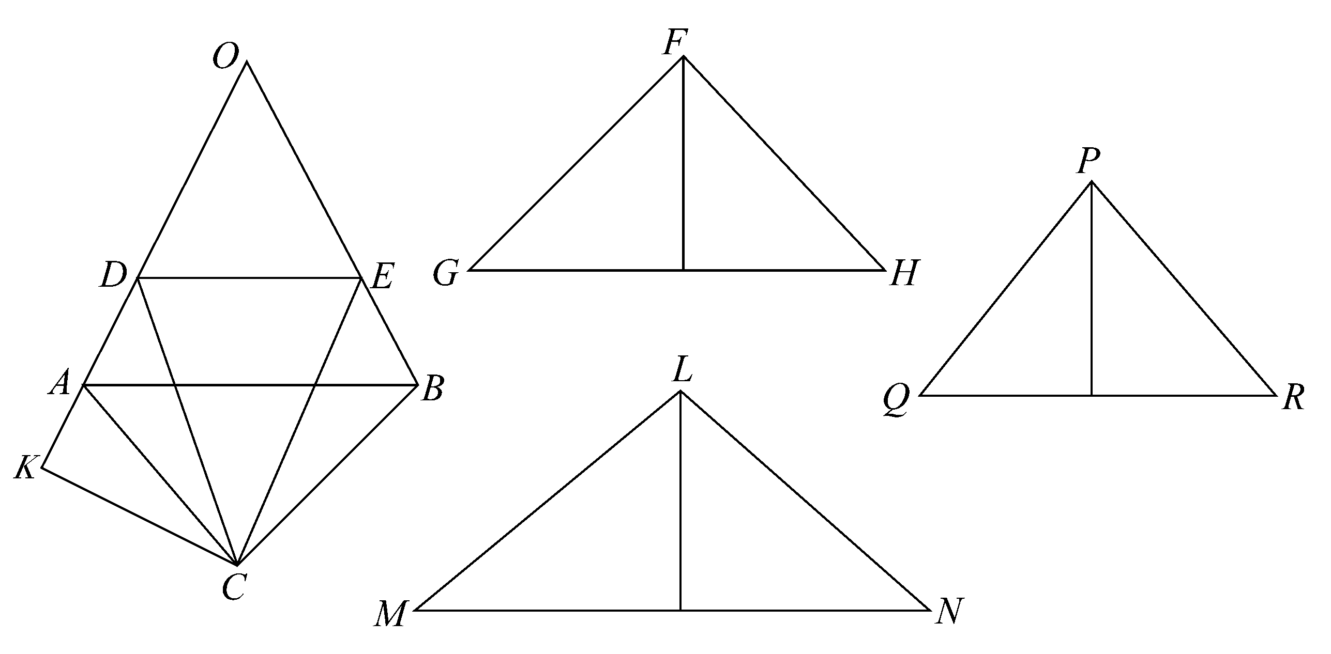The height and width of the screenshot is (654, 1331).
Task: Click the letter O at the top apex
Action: coord(225,56)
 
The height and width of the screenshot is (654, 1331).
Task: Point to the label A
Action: coord(59,383)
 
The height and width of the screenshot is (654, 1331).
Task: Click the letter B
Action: coord(432,389)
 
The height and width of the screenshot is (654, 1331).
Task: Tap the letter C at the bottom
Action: coord(233,587)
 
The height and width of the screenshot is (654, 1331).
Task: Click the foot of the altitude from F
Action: coord(683,270)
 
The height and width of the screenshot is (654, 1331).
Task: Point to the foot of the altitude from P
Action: coord(1092,395)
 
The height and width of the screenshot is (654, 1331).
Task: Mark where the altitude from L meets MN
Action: coord(680,610)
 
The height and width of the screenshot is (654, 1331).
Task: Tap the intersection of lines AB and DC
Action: coord(175,385)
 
